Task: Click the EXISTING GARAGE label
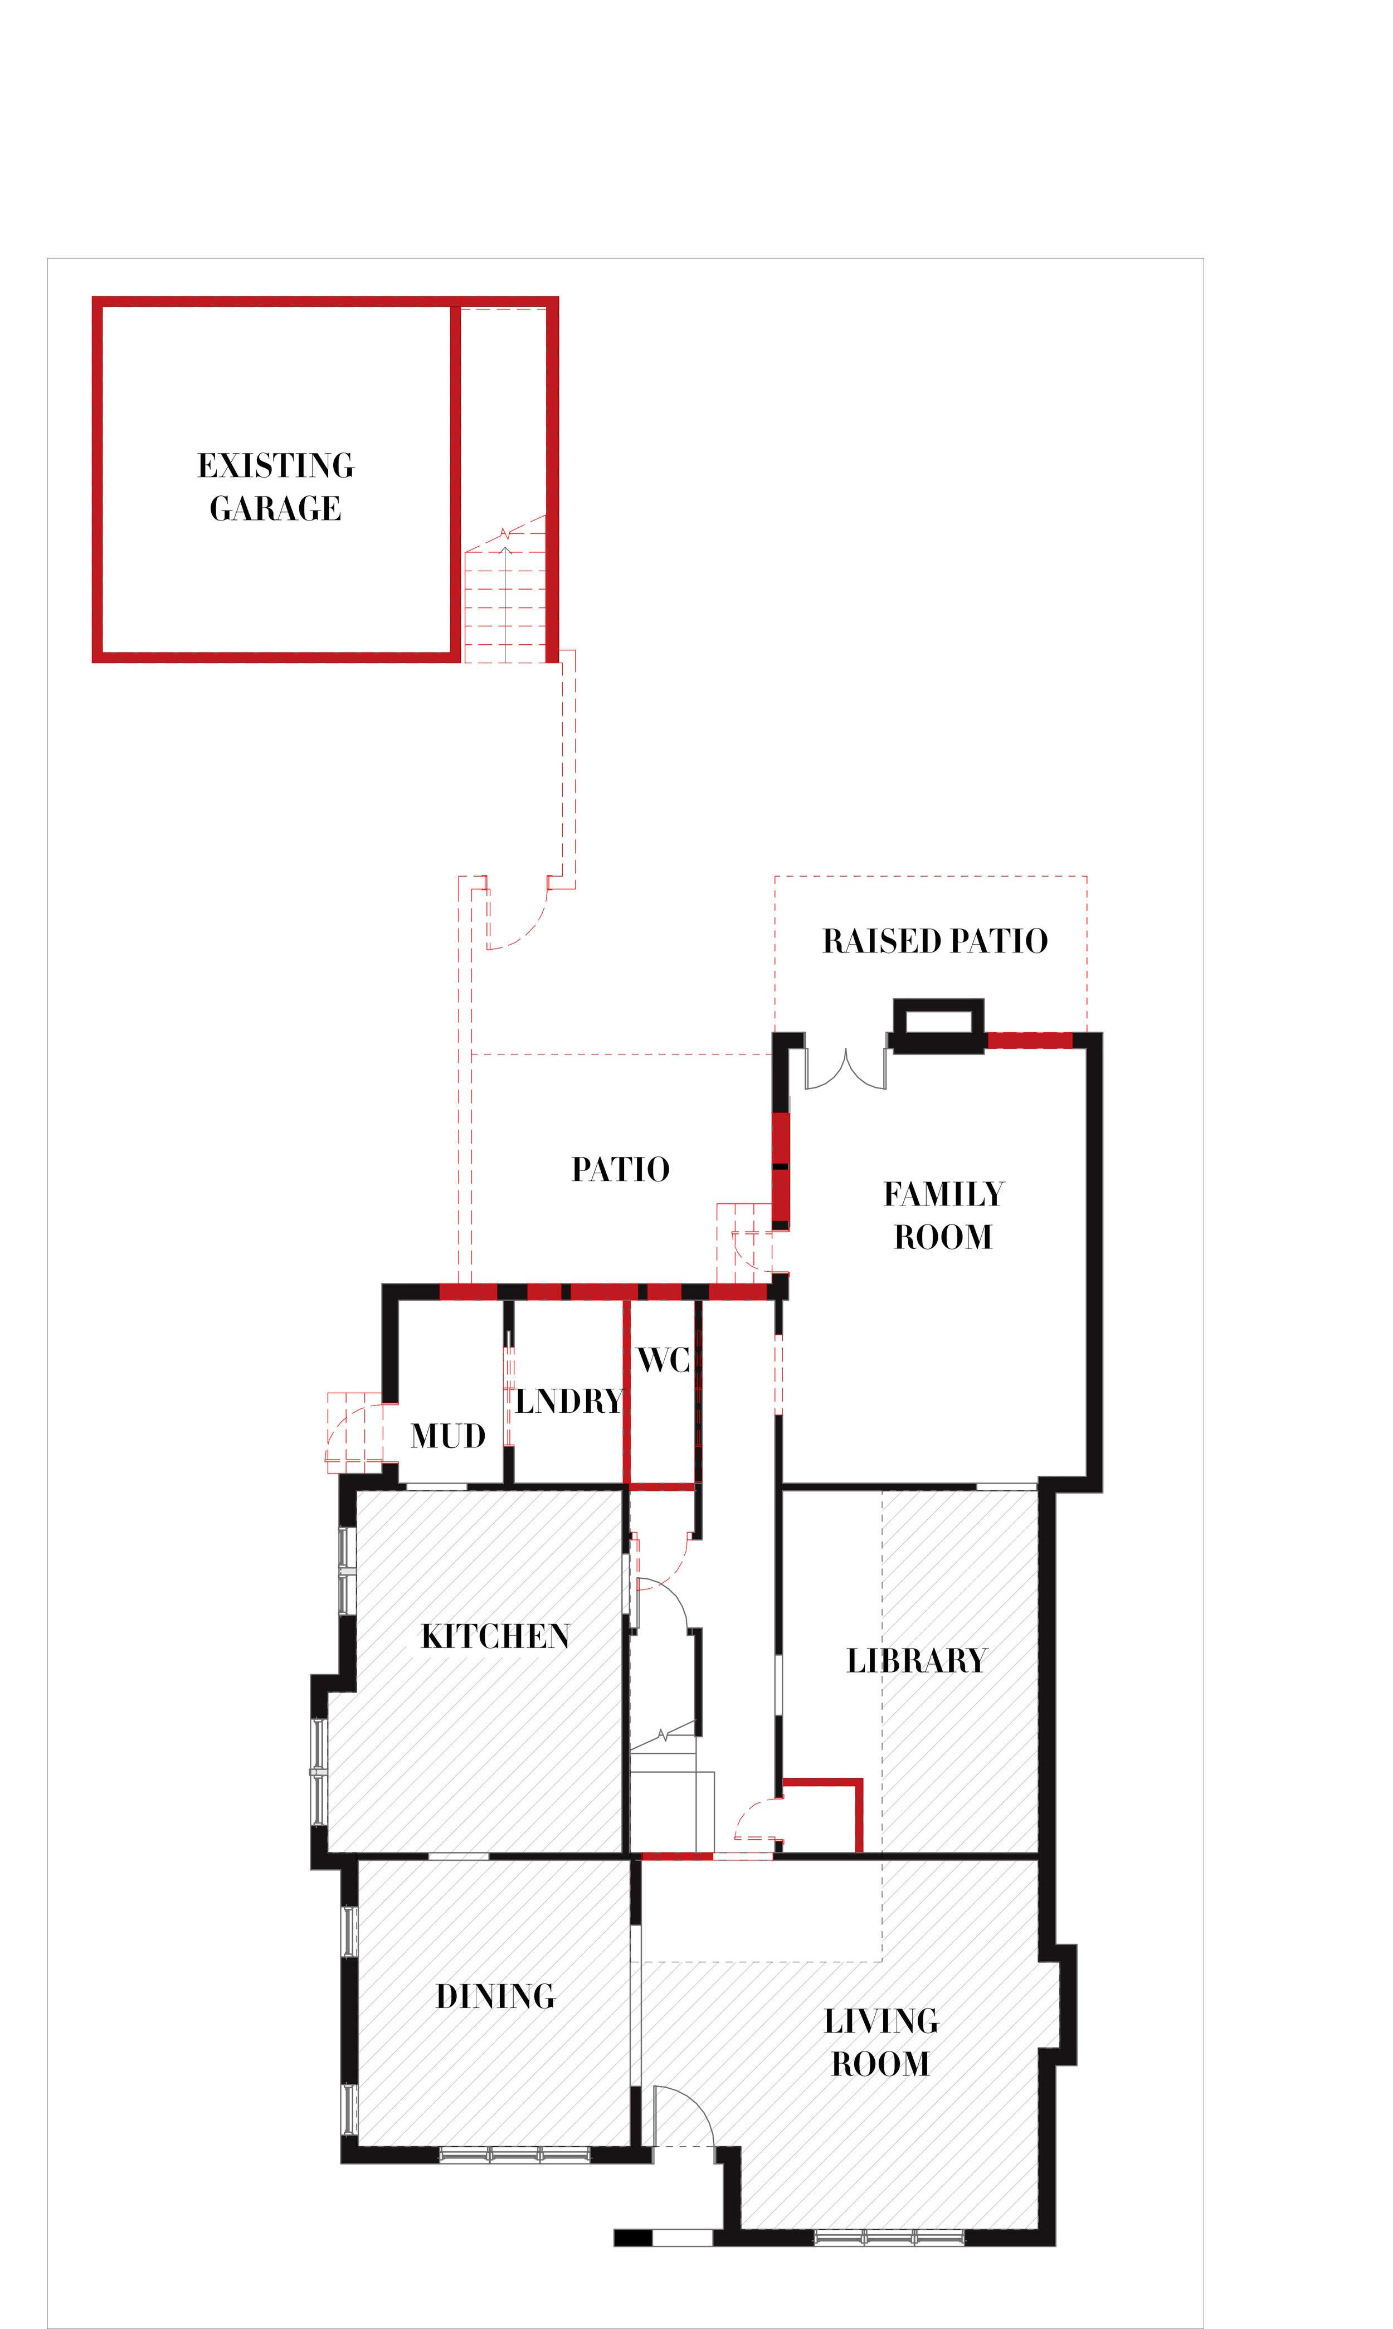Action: coord(275,487)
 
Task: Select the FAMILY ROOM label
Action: coord(943,1215)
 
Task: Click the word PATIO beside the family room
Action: coord(621,1169)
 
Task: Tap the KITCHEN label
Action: coord(495,1636)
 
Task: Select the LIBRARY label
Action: coord(916,1661)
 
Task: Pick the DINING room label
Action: coord(495,1996)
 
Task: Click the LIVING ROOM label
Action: coord(880,2042)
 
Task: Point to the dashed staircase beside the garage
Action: coord(504,601)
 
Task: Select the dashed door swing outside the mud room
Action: coord(355,1432)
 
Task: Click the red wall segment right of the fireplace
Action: coord(1030,1040)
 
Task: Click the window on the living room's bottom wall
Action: coord(888,2238)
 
